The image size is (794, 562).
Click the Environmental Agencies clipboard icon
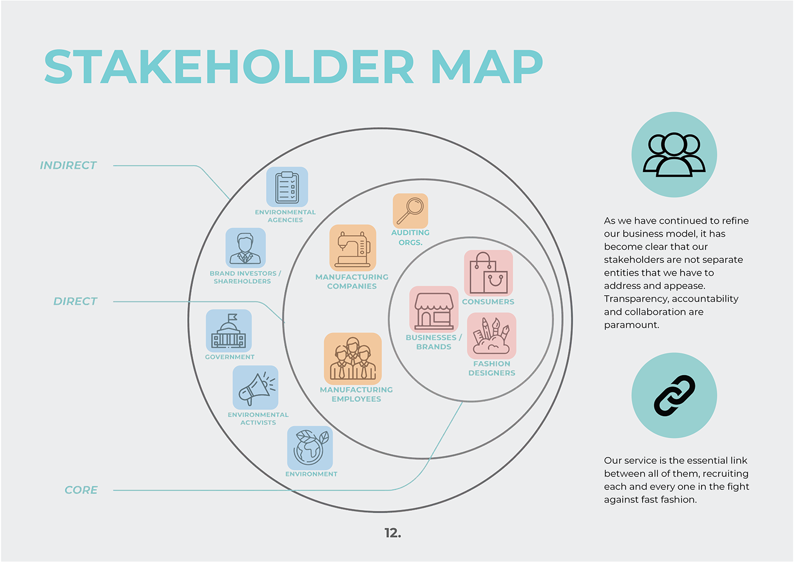[287, 187]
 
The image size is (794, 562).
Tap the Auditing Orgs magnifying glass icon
[410, 211]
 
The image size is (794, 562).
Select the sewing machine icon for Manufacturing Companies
[353, 248]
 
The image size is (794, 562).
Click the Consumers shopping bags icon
[488, 273]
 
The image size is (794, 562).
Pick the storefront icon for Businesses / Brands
[434, 309]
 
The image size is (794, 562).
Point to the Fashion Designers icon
[491, 335]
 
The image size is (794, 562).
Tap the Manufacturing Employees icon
[353, 359]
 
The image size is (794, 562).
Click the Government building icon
[229, 330]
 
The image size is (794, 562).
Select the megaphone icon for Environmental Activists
[255, 388]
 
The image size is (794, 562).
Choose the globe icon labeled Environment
[310, 447]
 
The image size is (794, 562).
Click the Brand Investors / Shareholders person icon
[245, 248]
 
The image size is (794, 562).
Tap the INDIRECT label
[68, 165]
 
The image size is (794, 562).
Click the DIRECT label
[75, 301]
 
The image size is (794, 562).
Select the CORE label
[81, 490]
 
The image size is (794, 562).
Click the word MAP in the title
[487, 66]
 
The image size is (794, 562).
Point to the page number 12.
[392, 532]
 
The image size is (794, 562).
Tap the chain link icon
[674, 395]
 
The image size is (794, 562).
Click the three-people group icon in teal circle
[674, 154]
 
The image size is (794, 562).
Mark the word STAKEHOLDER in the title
[230, 66]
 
